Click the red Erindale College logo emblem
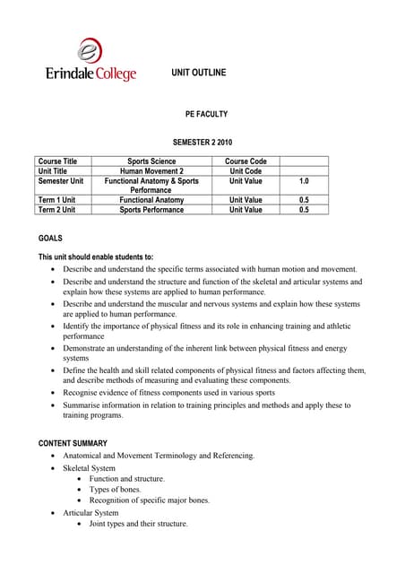coord(90,50)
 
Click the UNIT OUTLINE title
coord(201,71)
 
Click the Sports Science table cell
coord(151,161)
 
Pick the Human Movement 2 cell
coord(151,171)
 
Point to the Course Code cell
coord(246,161)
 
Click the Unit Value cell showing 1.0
coord(304,181)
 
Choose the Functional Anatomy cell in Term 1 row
coord(151,200)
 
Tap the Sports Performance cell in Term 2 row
coord(151,210)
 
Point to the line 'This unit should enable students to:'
coord(96,257)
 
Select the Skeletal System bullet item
coord(89,468)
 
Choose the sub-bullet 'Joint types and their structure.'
coord(139,524)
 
